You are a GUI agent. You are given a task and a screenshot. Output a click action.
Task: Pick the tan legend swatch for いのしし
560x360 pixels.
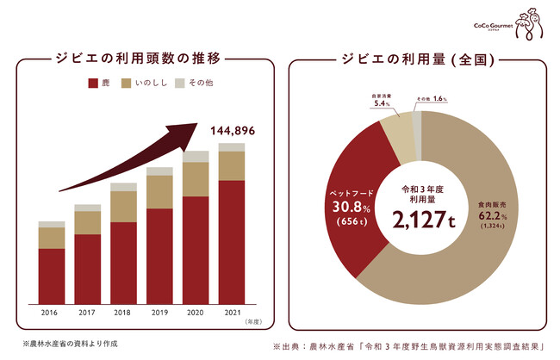(125, 84)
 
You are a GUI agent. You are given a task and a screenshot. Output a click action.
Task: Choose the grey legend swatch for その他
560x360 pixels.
(180, 84)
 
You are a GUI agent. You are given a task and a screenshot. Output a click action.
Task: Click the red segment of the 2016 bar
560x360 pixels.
(53, 275)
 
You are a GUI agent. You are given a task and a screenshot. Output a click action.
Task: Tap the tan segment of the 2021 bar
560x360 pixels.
(231, 164)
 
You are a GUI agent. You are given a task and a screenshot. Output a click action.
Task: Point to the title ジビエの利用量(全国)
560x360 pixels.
(417, 59)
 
